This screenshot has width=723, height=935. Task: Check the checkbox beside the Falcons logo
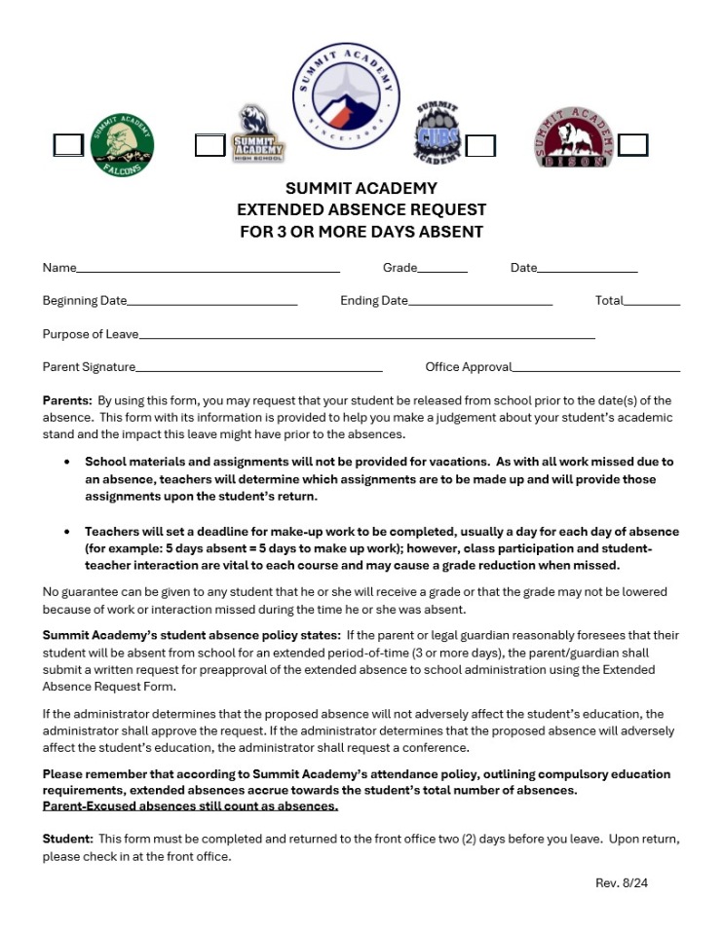coord(68,145)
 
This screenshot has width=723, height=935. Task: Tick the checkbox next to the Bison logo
coord(632,145)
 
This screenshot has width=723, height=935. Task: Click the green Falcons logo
coord(122,145)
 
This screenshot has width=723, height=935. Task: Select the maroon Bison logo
coord(575,138)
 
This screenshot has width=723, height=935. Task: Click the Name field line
coord(208,267)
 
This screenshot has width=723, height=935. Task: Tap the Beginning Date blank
coord(211,300)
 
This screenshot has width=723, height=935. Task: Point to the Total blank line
coord(651,300)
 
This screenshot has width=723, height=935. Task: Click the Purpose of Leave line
coord(366,334)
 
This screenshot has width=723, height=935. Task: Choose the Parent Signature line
coord(258,367)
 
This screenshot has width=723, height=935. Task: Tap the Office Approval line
coord(595,367)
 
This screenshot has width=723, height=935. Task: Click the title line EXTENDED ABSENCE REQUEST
coord(361,209)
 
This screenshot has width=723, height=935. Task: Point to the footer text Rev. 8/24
coord(621,882)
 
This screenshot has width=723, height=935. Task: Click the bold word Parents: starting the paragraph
coord(66,400)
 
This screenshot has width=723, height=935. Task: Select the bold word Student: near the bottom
coord(68,839)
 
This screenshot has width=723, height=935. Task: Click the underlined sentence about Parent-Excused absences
coord(190,806)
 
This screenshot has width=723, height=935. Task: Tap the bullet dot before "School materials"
coord(66,462)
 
